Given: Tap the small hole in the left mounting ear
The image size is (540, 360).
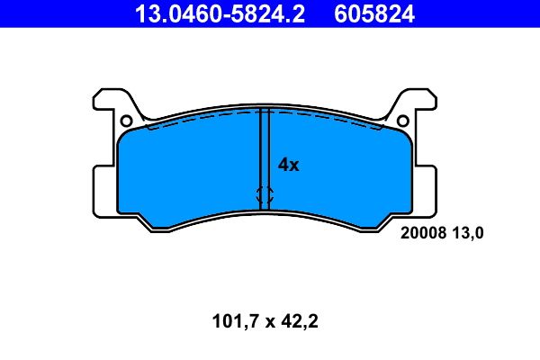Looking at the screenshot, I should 126,121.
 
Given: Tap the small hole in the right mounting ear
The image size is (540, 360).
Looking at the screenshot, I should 403,121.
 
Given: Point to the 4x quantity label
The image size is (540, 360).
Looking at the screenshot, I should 288,165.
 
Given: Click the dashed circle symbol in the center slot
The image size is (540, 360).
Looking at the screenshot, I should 265,193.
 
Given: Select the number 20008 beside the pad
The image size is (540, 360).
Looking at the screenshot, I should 418,233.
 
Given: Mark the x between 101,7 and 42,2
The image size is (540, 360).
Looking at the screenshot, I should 267,321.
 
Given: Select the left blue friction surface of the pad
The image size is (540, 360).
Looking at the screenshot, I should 189,171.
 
